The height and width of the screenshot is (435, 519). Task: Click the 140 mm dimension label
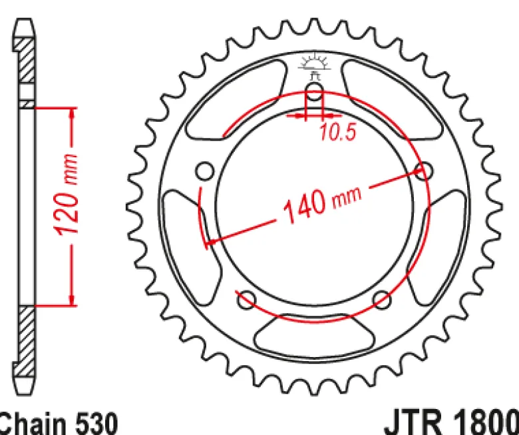click(322, 205)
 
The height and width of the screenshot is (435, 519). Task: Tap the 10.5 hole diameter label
click(338, 132)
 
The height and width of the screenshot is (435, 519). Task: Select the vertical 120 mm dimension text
click(67, 195)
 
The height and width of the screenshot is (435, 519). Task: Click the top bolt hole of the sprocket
click(314, 92)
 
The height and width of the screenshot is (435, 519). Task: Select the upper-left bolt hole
click(205, 171)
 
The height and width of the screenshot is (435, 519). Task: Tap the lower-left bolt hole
click(247, 300)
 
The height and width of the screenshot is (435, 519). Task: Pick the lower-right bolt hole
click(382, 300)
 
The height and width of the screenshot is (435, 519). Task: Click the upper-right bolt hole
click(424, 171)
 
